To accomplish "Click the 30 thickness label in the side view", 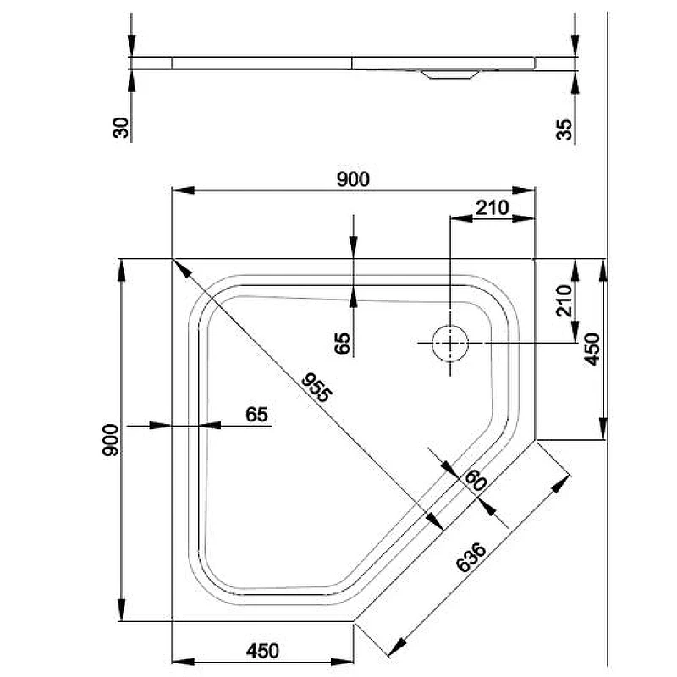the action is tap(121, 128).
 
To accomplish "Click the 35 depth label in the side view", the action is tap(564, 129).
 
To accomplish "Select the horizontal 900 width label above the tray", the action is tap(353, 179).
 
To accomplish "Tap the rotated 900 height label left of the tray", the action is tap(110, 440).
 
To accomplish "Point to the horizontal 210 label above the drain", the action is tap(493, 208).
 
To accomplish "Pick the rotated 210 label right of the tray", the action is tap(564, 300).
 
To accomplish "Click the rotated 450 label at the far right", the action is tap(592, 350).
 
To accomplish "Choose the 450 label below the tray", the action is tap(262, 651).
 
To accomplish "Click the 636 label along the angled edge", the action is tap(471, 557).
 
